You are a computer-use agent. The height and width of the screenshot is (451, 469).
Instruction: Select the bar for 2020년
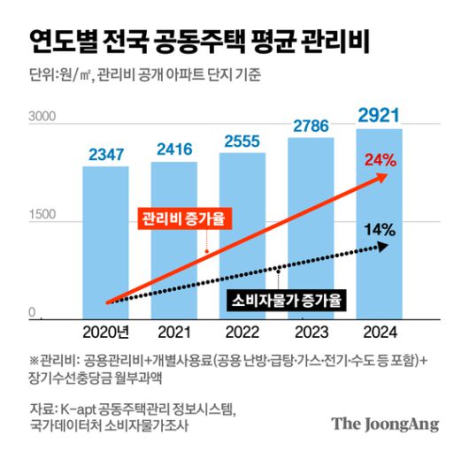(x=105, y=239)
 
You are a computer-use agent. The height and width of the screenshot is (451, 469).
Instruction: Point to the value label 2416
(x=173, y=149)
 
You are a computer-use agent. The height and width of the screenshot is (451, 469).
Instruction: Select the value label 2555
(x=242, y=141)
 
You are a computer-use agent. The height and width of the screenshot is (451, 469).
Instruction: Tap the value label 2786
(x=311, y=126)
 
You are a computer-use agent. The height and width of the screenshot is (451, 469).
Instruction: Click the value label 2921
(x=379, y=116)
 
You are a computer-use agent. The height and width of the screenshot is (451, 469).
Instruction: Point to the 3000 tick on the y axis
(x=42, y=117)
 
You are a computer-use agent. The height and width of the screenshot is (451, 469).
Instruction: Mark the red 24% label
(x=379, y=162)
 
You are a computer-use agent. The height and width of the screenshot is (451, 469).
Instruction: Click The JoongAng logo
(x=385, y=424)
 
